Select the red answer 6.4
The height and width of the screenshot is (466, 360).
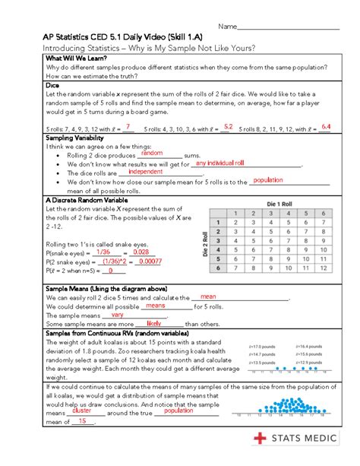pyautogui.click(x=326, y=127)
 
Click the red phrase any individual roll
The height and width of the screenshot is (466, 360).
pyautogui.click(x=219, y=163)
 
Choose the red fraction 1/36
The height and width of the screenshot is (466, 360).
pyautogui.click(x=103, y=252)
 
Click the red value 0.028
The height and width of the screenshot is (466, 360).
pyautogui.click(x=141, y=252)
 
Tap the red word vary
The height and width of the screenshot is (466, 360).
pyautogui.click(x=117, y=314)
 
